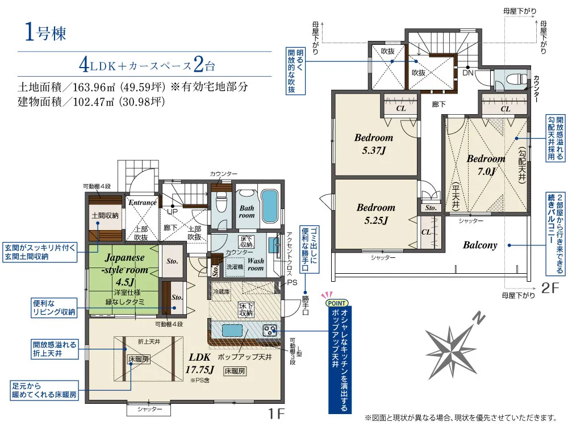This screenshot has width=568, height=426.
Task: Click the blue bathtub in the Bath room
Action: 269,206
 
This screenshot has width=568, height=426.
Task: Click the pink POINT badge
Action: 337,303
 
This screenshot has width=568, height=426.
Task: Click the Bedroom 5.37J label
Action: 374,144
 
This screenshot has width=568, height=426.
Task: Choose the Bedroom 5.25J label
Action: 376,214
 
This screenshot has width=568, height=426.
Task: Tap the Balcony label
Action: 480,245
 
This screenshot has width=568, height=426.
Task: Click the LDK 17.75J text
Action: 199,364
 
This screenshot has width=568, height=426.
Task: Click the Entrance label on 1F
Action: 143,203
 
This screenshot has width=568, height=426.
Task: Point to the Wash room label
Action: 256,265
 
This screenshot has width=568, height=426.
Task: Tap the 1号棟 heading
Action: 45,32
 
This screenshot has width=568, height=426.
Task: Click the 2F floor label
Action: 550,287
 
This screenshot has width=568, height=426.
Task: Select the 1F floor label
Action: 277,414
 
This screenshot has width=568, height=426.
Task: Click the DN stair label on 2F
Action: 468,73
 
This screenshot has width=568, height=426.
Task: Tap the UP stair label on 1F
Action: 172,211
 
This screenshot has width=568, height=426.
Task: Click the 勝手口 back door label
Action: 306,306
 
